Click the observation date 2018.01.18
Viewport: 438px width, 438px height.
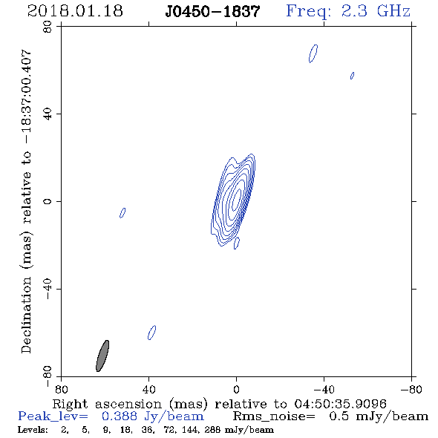pyautogui.click(x=75, y=11)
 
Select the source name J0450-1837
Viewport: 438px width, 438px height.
pyautogui.click(x=212, y=12)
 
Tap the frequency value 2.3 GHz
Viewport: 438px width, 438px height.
pyautogui.click(x=376, y=11)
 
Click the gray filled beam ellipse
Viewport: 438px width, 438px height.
pyautogui.click(x=102, y=356)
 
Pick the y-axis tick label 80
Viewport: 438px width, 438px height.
pyautogui.click(x=48, y=27)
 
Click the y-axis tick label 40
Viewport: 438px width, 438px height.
pyautogui.click(x=48, y=114)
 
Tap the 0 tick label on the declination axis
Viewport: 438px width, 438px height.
pyautogui.click(x=48, y=201)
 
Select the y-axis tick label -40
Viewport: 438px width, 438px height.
pyautogui.click(x=48, y=289)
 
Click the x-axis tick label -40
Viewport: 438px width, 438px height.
pyautogui.click(x=324, y=389)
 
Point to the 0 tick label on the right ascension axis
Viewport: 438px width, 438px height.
pyautogui.click(x=236, y=389)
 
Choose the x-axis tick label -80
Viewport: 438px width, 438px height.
pyautogui.click(x=411, y=389)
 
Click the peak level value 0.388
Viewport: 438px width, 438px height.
pyautogui.click(x=120, y=416)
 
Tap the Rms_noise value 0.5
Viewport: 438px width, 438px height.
pyautogui.click(x=339, y=416)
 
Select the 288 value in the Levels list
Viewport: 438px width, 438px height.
pyautogui.click(x=213, y=430)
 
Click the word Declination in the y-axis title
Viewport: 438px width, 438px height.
pyautogui.click(x=26, y=315)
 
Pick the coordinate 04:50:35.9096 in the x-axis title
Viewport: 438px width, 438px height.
pyautogui.click(x=340, y=404)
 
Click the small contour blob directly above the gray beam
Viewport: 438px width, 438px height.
pyautogui.click(x=151, y=333)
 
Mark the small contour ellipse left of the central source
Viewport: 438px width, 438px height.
pyautogui.click(x=122, y=213)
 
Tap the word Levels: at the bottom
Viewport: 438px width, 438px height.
pyautogui.click(x=33, y=430)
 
